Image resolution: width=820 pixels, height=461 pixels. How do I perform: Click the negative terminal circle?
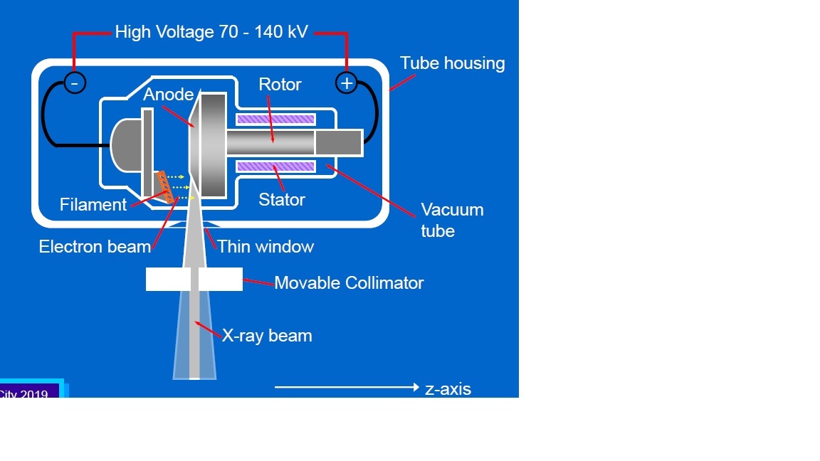[75, 83]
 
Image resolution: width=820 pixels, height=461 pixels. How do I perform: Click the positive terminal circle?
[347, 83]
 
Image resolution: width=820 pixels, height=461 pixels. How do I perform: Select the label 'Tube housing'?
[452, 63]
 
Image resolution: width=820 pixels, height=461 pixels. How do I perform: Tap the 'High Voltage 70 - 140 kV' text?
[211, 32]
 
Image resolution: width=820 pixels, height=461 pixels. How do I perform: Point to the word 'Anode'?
[168, 95]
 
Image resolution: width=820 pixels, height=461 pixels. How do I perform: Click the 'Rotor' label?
[280, 85]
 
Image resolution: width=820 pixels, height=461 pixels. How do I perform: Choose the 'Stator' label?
[282, 200]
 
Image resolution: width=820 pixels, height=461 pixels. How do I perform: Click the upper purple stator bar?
[275, 119]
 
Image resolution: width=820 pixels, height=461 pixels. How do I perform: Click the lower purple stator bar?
[275, 166]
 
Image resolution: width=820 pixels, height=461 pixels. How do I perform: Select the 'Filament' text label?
[93, 205]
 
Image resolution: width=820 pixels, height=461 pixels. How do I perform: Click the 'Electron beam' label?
[95, 247]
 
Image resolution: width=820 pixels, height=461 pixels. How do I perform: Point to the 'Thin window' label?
[266, 247]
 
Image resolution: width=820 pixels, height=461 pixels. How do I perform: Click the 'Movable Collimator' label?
[349, 283]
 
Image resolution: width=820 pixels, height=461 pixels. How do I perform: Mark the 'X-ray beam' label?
[267, 336]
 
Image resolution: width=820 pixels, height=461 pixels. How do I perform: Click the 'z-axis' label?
[448, 389]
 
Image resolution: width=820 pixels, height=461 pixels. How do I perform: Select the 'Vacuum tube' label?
[451, 221]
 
